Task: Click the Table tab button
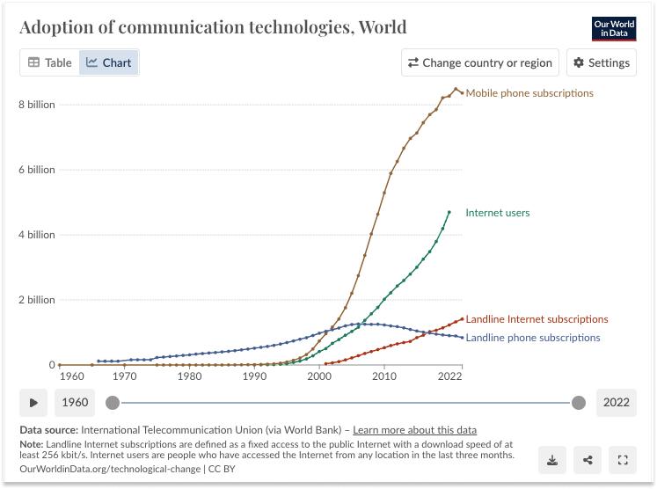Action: click(x=50, y=62)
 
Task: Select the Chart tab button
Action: click(x=109, y=62)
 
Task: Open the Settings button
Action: click(x=602, y=62)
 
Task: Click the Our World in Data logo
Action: click(x=614, y=28)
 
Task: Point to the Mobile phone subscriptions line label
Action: click(x=529, y=93)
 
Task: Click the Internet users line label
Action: click(x=498, y=213)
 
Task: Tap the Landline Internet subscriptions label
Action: click(x=537, y=319)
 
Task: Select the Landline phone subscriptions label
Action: click(x=533, y=338)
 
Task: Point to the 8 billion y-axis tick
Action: click(x=37, y=105)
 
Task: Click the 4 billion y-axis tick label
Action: click(x=37, y=235)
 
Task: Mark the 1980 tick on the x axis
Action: click(x=189, y=376)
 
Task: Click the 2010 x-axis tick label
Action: click(x=384, y=376)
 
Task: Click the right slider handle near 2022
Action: click(x=578, y=403)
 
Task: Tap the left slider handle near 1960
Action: click(x=113, y=403)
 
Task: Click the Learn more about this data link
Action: click(x=415, y=430)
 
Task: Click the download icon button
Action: click(x=552, y=459)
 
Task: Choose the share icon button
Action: click(x=588, y=459)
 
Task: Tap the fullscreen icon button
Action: click(x=623, y=459)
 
